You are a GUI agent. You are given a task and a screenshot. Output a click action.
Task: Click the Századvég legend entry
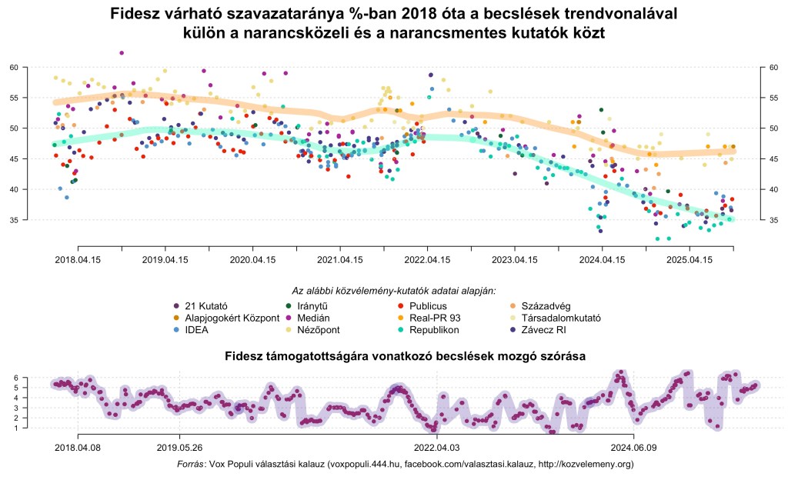coord(544,305)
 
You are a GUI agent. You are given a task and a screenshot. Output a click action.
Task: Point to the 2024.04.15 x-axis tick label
coord(603,260)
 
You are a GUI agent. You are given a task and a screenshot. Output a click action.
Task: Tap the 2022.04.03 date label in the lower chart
coord(437,445)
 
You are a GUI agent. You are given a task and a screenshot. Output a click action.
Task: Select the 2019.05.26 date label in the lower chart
coord(179,445)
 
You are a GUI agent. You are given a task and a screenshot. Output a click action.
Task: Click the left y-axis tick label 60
coord(14,68)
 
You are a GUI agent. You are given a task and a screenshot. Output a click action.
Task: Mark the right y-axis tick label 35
coord(773,220)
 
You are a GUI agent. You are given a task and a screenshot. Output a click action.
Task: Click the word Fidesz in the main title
coord(136,15)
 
